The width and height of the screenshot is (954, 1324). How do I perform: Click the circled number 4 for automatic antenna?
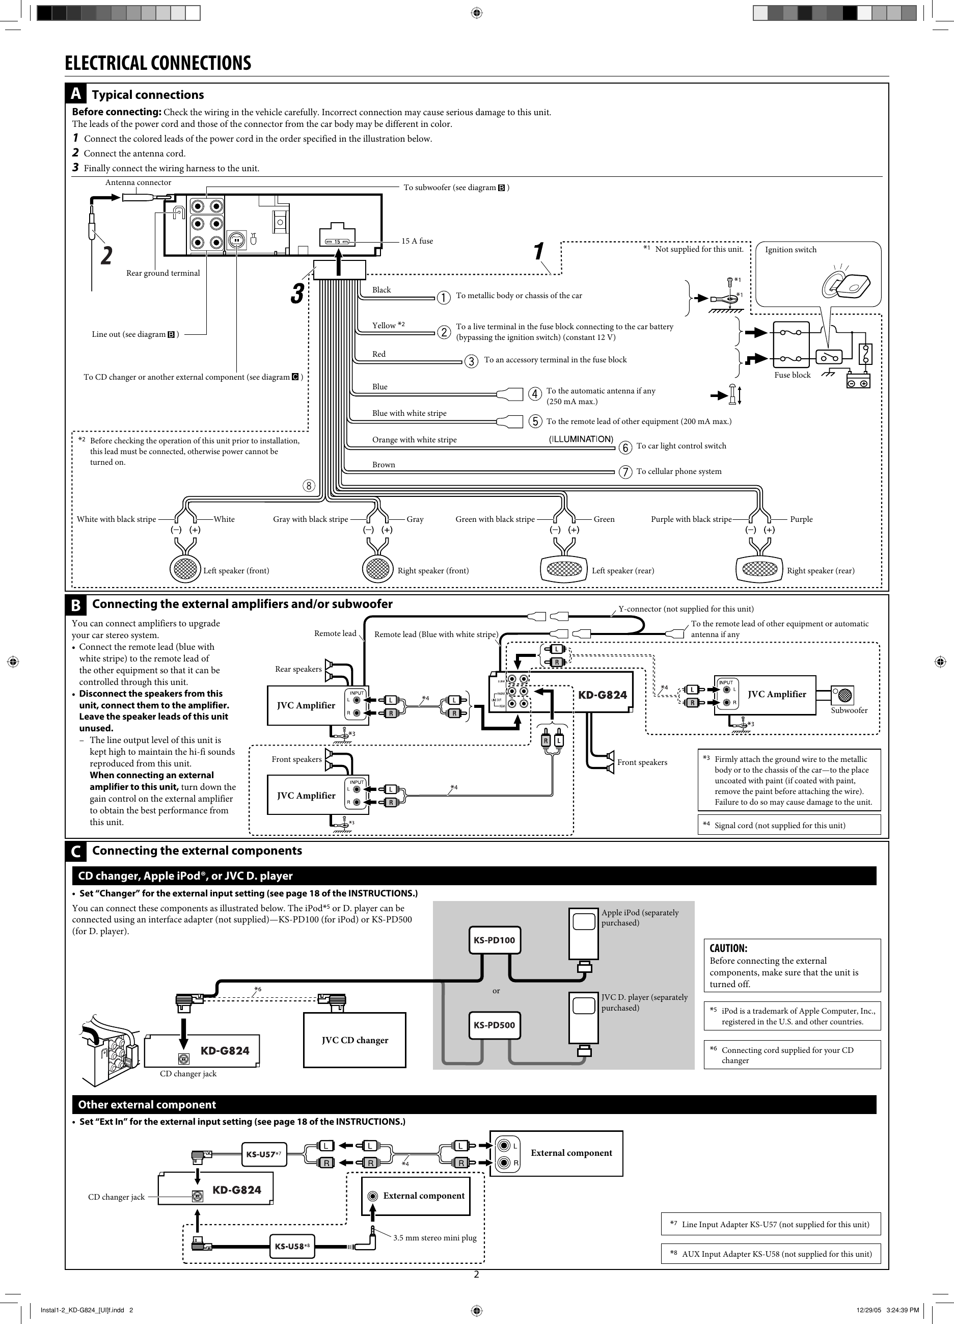534,394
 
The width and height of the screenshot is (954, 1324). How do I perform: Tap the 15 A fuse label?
417,241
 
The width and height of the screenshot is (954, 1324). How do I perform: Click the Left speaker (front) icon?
185,569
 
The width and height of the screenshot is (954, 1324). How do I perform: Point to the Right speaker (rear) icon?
759,569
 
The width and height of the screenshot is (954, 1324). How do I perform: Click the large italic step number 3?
297,294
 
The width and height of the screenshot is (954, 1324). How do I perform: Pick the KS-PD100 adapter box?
494,940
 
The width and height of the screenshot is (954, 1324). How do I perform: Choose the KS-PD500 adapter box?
494,1024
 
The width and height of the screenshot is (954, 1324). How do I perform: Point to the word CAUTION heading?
728,948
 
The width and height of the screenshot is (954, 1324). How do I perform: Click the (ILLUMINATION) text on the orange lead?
581,439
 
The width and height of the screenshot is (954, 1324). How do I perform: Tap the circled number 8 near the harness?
309,486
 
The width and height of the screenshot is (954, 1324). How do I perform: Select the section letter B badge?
75,605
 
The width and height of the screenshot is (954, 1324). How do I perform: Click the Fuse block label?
792,375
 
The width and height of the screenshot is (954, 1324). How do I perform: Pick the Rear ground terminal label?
163,273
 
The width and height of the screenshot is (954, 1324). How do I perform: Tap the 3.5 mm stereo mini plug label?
434,1237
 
